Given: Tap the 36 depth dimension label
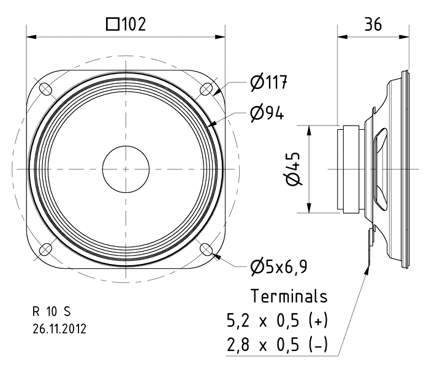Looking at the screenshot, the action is (x=373, y=24).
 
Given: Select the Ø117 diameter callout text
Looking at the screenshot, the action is (x=269, y=82).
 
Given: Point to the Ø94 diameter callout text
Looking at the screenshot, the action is (x=267, y=113).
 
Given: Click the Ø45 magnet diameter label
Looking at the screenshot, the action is (x=294, y=169).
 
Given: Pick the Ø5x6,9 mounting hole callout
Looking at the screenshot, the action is (x=279, y=266).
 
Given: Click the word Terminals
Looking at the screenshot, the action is (x=289, y=296).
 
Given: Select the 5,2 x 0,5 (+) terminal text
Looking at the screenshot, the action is (x=277, y=320).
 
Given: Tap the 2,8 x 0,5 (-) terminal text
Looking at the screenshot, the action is (x=277, y=344).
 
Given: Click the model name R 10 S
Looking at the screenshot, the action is (x=51, y=312).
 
